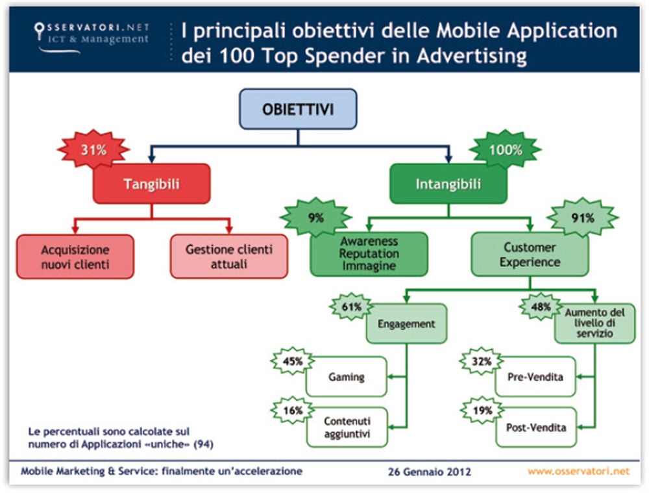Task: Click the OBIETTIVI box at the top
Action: pyautogui.click(x=298, y=108)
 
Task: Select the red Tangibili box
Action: pyautogui.click(x=151, y=184)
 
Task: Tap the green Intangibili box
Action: pyautogui.click(x=448, y=184)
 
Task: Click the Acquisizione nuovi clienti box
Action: pyautogui.click(x=75, y=257)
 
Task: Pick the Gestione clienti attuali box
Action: pyautogui.click(x=229, y=257)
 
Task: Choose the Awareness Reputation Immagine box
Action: pyautogui.click(x=369, y=254)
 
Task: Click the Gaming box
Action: pyautogui.click(x=347, y=377)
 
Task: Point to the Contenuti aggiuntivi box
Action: pyautogui.click(x=347, y=427)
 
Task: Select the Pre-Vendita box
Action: pyautogui.click(x=535, y=377)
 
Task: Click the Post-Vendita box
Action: pyautogui.click(x=535, y=428)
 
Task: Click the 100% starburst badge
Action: pyautogui.click(x=505, y=150)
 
